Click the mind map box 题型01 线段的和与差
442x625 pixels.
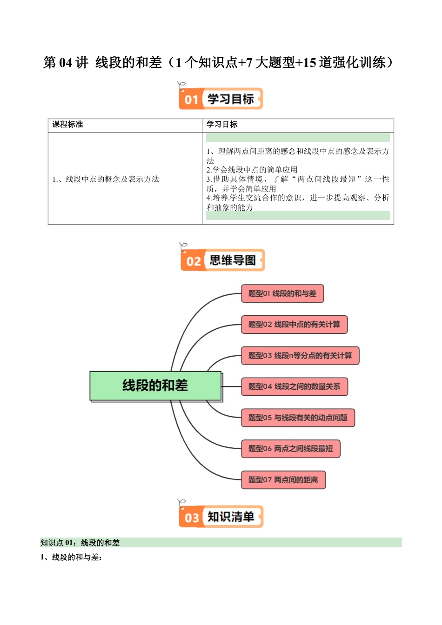coord(282,294)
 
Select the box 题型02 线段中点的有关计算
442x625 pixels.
coord(294,325)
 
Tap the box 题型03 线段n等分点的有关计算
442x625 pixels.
coord(300,356)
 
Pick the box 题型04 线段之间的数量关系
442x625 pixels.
coord(294,386)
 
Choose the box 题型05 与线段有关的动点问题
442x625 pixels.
coord(298,418)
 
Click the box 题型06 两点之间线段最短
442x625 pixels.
coord(290,449)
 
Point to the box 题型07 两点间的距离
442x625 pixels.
coord(283,480)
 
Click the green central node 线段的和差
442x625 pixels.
coord(155,386)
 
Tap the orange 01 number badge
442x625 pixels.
coord(191,100)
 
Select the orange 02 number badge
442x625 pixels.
coord(193,261)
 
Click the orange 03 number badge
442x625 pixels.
coord(191,518)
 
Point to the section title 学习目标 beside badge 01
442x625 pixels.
coord(231,99)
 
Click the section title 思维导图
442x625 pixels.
coord(233,260)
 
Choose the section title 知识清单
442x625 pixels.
coord(231,517)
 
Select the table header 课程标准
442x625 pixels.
coord(68,125)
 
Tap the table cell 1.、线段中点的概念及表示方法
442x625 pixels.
coord(106,179)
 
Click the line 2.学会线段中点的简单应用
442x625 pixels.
coord(252,170)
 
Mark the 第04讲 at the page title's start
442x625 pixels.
coord(66,62)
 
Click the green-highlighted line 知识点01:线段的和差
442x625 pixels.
coord(80,543)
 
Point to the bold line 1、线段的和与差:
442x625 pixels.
coord(71,557)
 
